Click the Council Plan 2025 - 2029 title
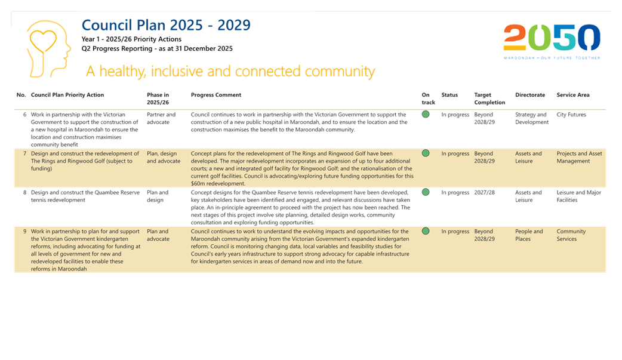(x=166, y=25)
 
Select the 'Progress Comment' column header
(x=216, y=95)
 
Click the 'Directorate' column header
(x=530, y=95)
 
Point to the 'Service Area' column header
(x=573, y=95)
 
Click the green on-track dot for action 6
(x=426, y=114)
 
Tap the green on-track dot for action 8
(x=426, y=192)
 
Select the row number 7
(x=24, y=153)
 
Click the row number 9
(x=24, y=232)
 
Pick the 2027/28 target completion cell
(x=484, y=192)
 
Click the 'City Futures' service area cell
(x=571, y=115)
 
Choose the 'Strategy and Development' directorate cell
(x=531, y=118)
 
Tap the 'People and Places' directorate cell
(x=529, y=235)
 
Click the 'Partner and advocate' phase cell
(x=161, y=118)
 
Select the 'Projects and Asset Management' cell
(x=579, y=157)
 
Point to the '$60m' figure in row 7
(x=199, y=184)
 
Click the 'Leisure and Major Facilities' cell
(x=579, y=196)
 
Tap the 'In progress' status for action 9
(x=455, y=232)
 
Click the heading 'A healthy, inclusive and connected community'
(x=230, y=72)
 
